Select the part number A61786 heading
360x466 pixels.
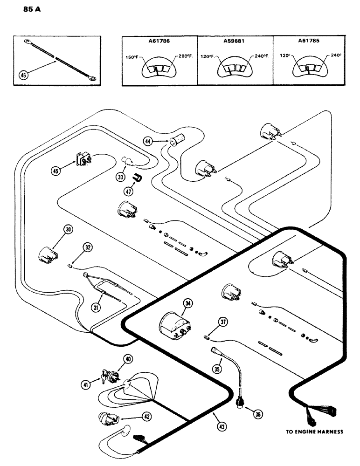pos(159,41)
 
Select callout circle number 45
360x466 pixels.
pos(56,171)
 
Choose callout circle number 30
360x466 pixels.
pos(69,229)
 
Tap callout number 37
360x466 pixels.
pos(223,321)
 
